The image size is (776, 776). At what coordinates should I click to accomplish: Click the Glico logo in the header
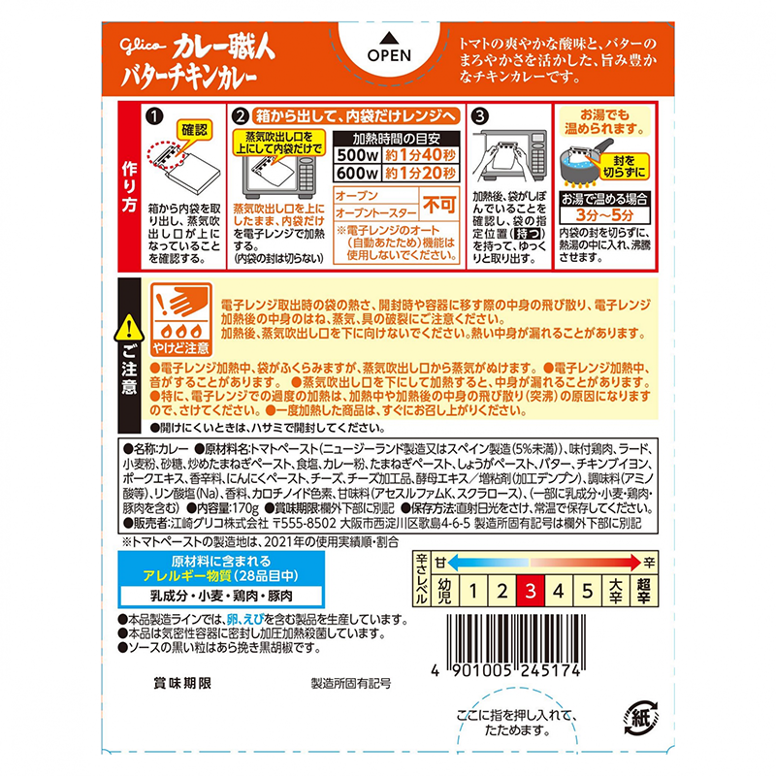[x=143, y=46]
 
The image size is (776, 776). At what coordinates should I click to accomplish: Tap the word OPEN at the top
[x=389, y=55]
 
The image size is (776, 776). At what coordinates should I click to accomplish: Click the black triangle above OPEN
[x=390, y=38]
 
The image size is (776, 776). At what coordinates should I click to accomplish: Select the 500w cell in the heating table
[x=357, y=155]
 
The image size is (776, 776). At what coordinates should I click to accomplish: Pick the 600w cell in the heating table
[x=357, y=173]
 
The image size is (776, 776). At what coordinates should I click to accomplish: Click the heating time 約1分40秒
[x=420, y=155]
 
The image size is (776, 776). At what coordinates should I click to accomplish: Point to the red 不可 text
[x=438, y=204]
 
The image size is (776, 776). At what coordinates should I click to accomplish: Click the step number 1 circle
[x=154, y=116]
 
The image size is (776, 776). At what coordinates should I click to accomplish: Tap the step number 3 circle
[x=479, y=116]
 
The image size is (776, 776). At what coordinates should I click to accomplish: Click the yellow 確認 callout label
[x=195, y=130]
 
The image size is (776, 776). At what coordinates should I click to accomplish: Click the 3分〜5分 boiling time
[x=604, y=215]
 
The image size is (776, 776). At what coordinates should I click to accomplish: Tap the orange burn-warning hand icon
[x=181, y=319]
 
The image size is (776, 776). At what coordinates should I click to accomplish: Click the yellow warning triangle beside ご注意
[x=129, y=328]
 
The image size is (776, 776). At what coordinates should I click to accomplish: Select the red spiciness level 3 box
[x=530, y=591]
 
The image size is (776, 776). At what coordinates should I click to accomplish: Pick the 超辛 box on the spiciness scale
[x=643, y=591]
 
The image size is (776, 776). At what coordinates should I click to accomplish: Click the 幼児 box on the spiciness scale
[x=445, y=591]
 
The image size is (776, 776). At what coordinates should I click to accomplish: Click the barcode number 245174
[x=549, y=670]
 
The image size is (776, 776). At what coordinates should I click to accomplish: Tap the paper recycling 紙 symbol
[x=641, y=717]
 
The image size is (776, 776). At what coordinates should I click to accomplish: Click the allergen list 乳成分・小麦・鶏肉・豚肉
[x=221, y=596]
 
